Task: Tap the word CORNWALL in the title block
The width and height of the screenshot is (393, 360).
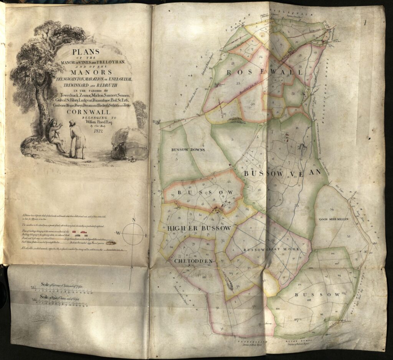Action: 85,112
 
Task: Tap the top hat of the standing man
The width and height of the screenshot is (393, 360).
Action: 72,122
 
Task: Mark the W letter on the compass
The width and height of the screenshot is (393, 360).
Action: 119,233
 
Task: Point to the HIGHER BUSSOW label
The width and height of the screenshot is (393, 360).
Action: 199,228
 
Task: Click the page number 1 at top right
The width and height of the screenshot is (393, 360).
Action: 365,22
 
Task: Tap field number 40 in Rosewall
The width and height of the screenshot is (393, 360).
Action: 252,104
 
